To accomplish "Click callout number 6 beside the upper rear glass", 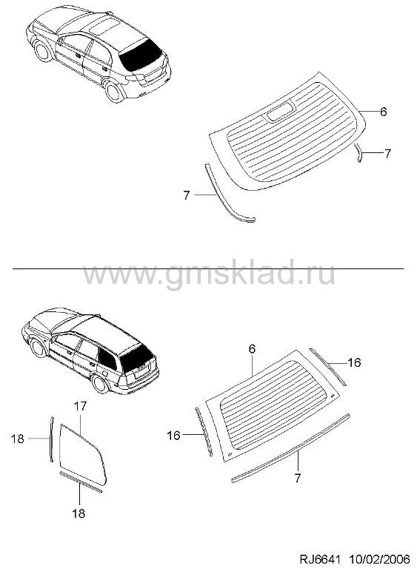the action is pyautogui.click(x=383, y=112).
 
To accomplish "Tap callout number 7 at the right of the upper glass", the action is pyautogui.click(x=387, y=153).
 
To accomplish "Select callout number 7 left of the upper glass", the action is pyautogui.click(x=187, y=195).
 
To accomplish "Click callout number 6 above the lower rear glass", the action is pyautogui.click(x=253, y=349).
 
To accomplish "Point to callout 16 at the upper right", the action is pyautogui.click(x=354, y=362).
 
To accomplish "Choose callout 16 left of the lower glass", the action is pyautogui.click(x=174, y=435).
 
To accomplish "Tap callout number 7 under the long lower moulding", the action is pyautogui.click(x=298, y=479).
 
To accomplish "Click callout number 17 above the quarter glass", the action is pyautogui.click(x=81, y=406).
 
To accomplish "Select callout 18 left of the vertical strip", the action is pyautogui.click(x=17, y=439).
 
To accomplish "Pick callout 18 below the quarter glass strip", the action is pyautogui.click(x=79, y=513).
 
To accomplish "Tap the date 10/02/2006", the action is pyautogui.click(x=380, y=558).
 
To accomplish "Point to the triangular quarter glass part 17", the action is pyautogui.click(x=82, y=455).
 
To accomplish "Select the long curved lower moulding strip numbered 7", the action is pyautogui.click(x=290, y=448).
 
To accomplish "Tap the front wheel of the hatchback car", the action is pyautogui.click(x=43, y=51).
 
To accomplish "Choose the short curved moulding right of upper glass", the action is pyautogui.click(x=358, y=152).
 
